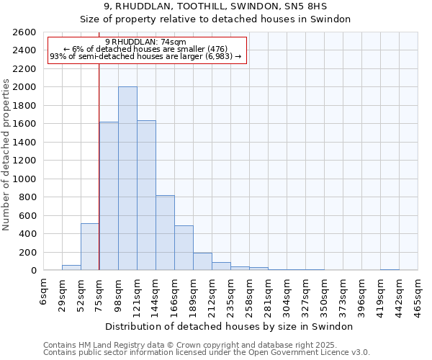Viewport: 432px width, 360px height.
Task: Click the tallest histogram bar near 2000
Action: [x=127, y=179]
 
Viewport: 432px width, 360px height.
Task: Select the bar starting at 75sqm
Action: [x=109, y=196]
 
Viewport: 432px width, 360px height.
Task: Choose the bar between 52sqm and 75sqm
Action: [x=90, y=247]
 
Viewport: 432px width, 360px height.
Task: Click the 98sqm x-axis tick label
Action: [x=119, y=295]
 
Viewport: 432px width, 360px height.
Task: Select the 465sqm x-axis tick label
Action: [x=418, y=295]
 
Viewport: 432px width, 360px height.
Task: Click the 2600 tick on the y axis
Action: [x=24, y=32]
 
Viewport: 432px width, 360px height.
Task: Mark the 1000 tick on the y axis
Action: [x=24, y=179]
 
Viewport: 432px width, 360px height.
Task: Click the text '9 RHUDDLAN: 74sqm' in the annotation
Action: [x=145, y=42]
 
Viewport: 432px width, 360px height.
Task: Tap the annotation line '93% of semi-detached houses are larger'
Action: [x=145, y=56]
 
